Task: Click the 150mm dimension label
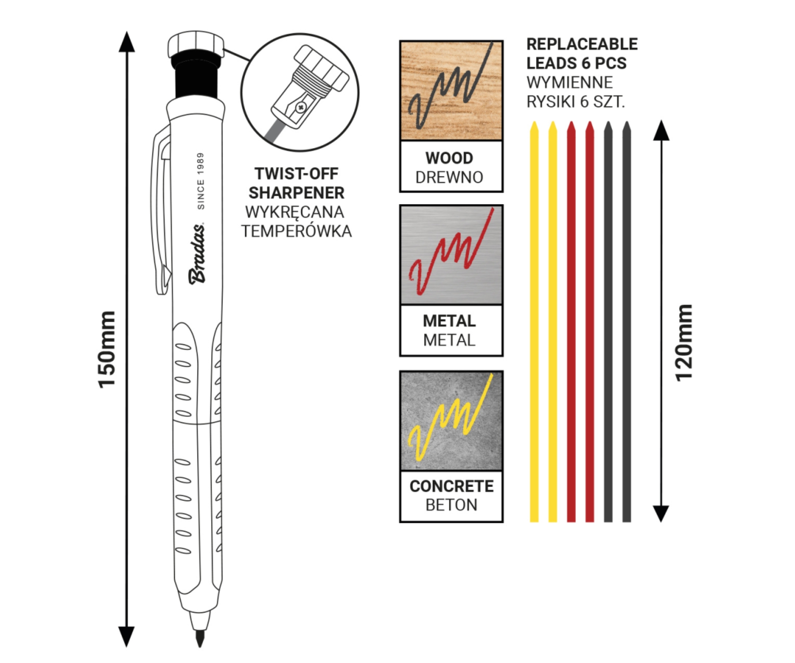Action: tap(107, 350)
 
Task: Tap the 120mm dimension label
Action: tap(684, 343)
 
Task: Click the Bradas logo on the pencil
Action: tap(197, 254)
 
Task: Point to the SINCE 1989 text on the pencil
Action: tap(201, 181)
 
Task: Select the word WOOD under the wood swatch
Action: tap(449, 158)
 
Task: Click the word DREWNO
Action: tap(449, 177)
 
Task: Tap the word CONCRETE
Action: tap(451, 486)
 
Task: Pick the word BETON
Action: tap(451, 505)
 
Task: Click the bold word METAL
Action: tap(449, 320)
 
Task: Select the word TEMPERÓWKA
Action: tap(296, 231)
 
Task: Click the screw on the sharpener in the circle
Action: tap(301, 107)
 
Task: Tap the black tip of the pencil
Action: tap(200, 639)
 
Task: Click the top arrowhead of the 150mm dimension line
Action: tap(127, 42)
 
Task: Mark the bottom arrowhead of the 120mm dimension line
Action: tap(661, 514)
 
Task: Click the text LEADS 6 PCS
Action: tap(576, 63)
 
